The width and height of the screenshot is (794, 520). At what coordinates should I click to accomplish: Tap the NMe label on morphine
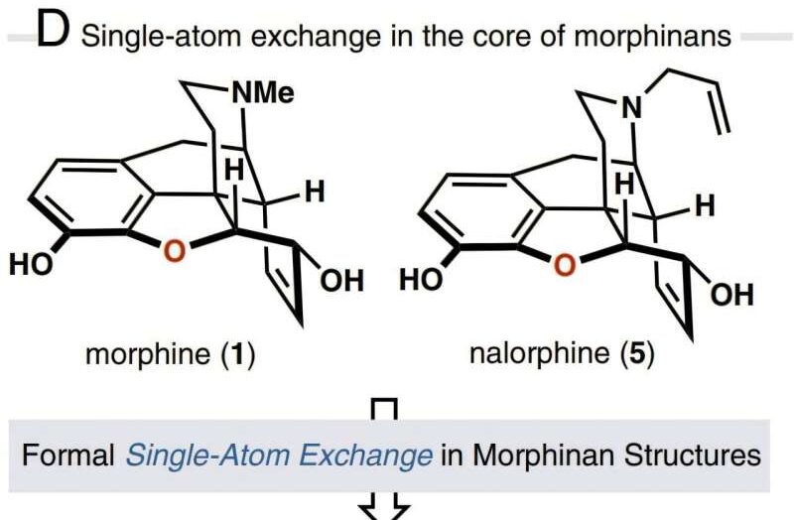click(263, 93)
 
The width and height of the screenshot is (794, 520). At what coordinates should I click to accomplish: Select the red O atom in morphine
click(174, 251)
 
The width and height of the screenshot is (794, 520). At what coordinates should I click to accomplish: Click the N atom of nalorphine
click(631, 107)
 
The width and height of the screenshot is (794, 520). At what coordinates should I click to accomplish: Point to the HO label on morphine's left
click(31, 264)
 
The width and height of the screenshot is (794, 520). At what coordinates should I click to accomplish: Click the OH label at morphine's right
click(342, 281)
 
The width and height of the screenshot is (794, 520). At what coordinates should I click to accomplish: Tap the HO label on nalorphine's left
click(421, 280)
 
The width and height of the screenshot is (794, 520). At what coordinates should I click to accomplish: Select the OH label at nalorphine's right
click(732, 295)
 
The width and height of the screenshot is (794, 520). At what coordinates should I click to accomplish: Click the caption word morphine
click(147, 354)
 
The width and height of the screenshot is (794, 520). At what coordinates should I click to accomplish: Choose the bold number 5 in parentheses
click(637, 353)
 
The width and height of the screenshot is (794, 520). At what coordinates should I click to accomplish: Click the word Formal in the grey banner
click(68, 455)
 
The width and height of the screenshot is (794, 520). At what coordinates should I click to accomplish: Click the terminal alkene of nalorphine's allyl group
click(723, 107)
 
